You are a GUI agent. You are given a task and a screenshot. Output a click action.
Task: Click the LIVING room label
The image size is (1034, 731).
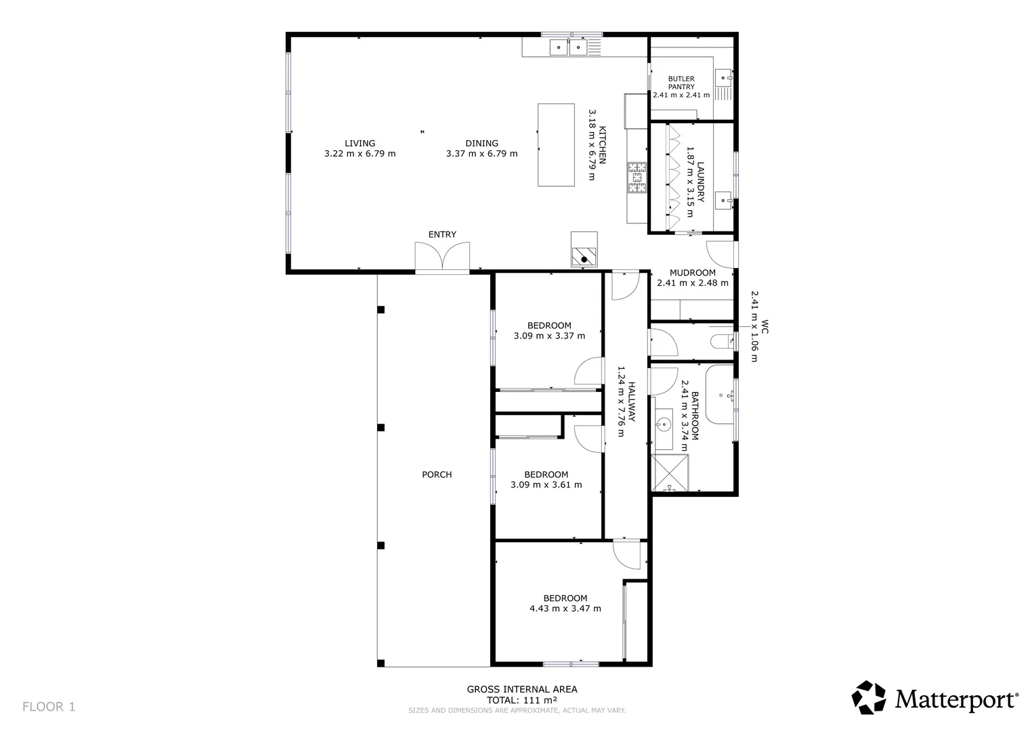click(360, 143)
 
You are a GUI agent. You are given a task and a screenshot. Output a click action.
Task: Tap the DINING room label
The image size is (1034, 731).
click(481, 143)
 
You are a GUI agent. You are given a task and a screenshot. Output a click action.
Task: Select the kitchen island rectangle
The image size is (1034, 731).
click(556, 145)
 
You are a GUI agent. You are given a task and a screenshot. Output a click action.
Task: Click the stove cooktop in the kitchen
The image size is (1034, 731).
click(637, 177)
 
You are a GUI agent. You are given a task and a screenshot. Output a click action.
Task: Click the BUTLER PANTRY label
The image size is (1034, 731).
click(681, 83)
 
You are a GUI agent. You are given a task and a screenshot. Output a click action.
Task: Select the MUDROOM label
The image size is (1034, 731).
click(692, 273)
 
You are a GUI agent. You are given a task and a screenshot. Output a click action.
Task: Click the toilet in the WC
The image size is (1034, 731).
click(721, 340)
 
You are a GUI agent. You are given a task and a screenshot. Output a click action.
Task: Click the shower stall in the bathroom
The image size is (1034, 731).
click(670, 473)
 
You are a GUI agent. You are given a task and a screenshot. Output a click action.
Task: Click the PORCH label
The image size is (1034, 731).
click(437, 474)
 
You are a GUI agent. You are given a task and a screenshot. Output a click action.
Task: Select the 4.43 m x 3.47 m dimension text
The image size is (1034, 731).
click(565, 608)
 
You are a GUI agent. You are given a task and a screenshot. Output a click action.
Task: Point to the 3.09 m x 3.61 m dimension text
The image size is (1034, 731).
click(546, 485)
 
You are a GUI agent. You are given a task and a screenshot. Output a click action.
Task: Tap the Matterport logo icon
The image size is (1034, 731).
click(868, 697)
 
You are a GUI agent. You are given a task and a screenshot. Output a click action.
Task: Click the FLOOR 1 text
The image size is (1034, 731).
click(49, 707)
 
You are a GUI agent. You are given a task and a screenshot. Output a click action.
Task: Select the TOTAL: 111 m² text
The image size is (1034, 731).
click(522, 700)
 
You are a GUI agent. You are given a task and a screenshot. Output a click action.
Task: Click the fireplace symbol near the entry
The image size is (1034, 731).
click(584, 257)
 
